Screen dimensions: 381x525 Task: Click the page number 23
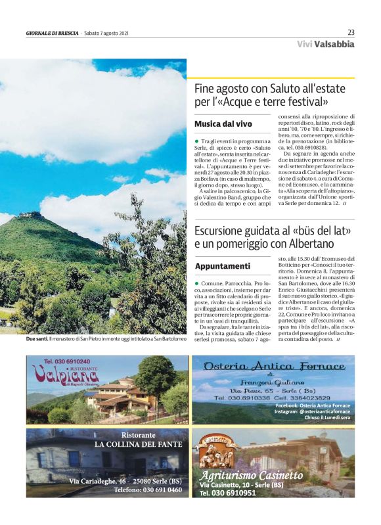click(351, 32)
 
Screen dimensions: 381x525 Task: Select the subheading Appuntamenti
click(223, 266)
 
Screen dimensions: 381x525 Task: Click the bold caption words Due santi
click(37, 339)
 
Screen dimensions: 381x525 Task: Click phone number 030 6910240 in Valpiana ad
click(67, 361)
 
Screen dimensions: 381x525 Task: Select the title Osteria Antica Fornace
click(273, 366)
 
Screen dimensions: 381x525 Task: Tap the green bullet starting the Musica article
click(196, 141)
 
